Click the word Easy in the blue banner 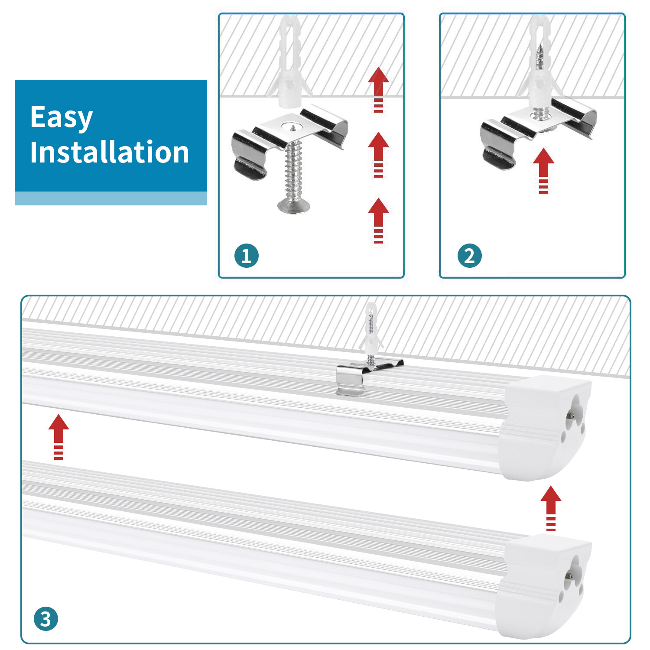[x=62, y=117]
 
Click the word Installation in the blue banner [x=109, y=153]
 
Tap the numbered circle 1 [x=247, y=256]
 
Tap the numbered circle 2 [x=469, y=256]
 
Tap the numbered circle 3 [x=45, y=619]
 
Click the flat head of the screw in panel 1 [x=293, y=206]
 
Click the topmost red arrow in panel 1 [x=378, y=89]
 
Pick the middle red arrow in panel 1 [x=378, y=154]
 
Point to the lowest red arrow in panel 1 [x=378, y=220]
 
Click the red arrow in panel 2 [x=543, y=170]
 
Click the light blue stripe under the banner [x=110, y=198]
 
